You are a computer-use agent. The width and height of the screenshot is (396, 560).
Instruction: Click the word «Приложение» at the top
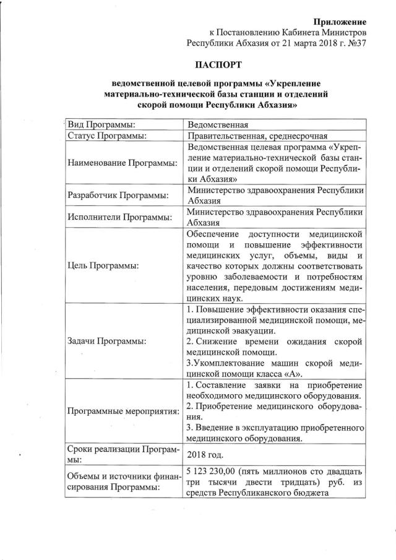pos(340,22)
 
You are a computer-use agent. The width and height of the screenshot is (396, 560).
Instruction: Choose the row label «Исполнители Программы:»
pos(117,217)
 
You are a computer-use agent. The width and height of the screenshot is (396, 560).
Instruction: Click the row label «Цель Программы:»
pos(103,266)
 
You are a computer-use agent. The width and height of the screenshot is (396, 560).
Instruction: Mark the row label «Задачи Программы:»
pos(106,340)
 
